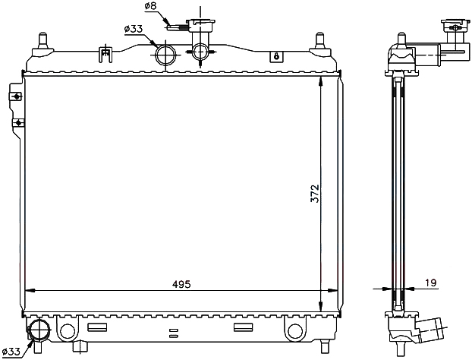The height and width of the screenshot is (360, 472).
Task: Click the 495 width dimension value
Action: click(181, 284)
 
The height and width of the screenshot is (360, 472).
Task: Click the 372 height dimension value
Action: click(315, 194)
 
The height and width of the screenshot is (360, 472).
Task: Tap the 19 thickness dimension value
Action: click(430, 283)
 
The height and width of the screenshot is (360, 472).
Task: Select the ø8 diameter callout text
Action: click(150, 6)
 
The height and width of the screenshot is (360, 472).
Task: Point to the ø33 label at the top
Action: click(133, 29)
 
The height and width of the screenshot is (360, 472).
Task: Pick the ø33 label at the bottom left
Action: click(11, 351)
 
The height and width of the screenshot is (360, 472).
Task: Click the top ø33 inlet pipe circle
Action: click(165, 55)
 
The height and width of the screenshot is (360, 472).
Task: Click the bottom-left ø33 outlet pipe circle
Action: click(38, 330)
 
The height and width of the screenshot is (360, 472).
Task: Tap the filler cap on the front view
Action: click(200, 24)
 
